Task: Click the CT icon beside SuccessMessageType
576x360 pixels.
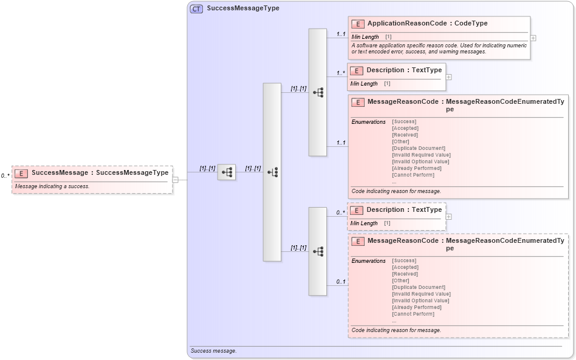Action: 196,9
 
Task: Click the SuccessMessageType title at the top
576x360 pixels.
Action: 243,9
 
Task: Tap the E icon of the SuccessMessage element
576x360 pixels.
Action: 21,173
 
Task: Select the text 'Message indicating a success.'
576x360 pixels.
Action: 52,186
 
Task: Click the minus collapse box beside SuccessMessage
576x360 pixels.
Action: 175,180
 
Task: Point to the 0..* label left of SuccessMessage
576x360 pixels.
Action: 5,176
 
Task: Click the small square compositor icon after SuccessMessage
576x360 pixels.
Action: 227,172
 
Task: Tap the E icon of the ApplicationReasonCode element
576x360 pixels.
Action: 358,24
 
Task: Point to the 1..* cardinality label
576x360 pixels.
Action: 341,73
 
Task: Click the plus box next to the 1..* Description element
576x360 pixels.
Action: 449,77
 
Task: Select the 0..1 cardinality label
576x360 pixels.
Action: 341,282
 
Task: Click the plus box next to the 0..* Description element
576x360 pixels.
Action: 449,216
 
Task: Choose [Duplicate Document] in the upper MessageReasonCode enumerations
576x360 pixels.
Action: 419,148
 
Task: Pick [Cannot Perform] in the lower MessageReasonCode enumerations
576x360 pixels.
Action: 413,314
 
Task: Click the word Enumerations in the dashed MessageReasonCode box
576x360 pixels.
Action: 368,261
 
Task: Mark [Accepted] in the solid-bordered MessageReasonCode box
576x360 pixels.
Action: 405,128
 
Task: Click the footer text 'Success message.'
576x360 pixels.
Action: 213,351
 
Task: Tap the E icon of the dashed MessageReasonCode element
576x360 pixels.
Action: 358,242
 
